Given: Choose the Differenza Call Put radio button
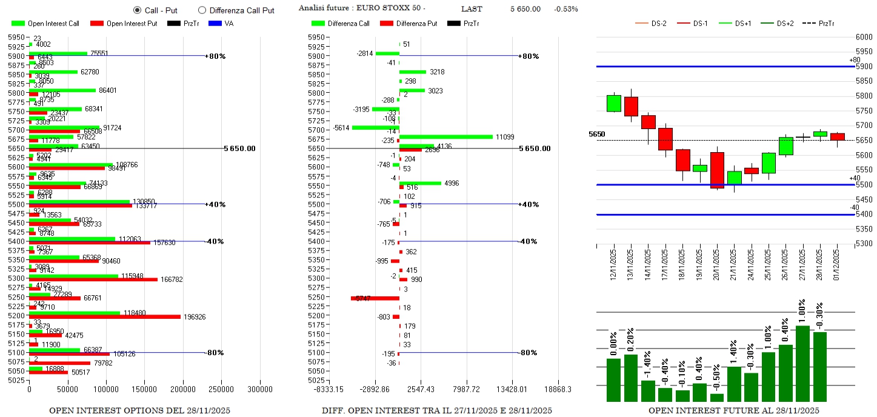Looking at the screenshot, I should [202, 10].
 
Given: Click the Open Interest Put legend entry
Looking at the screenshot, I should [124, 24].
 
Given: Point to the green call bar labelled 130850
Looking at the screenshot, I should [79, 201].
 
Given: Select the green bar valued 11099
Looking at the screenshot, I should [446, 137].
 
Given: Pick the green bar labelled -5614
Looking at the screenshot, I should [375, 127].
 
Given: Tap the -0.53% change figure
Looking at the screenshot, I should [565, 9].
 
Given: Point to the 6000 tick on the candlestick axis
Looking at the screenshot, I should [864, 37].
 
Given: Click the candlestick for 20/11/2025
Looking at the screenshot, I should [717, 170].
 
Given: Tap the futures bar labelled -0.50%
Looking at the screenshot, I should [717, 398].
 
